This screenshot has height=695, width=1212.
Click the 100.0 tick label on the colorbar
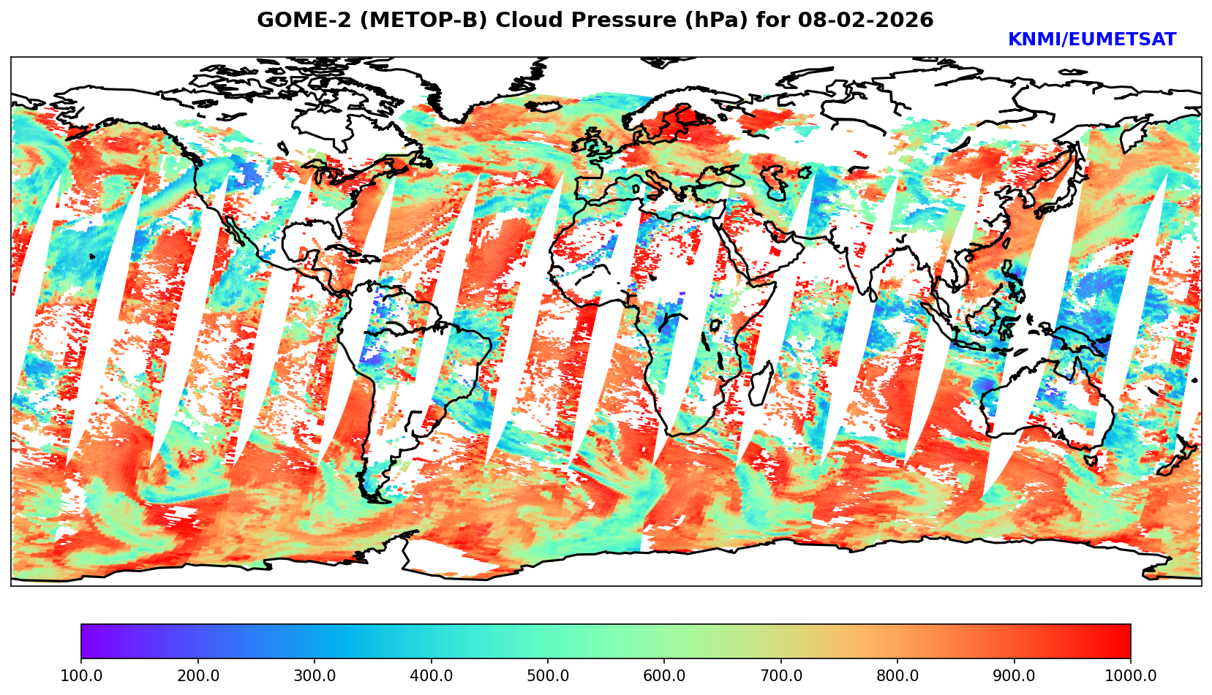pos(81,676)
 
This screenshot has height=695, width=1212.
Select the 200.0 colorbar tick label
pos(197,676)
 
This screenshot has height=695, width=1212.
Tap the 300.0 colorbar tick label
pos(315,676)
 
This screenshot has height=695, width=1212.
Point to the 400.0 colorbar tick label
pos(431,676)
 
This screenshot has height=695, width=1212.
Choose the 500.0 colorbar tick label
pos(548,676)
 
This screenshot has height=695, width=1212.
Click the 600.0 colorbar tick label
pos(664,676)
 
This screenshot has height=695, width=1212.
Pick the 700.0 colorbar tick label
pos(781,676)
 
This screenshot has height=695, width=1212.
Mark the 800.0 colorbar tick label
pos(897,676)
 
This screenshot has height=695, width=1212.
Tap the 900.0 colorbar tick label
pos(1015,676)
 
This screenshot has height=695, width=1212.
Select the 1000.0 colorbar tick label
pos(1131,676)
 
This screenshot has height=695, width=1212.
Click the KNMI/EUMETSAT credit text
pos(1091,40)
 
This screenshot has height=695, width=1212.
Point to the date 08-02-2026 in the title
pos(865,20)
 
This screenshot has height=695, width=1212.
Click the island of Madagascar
pos(761,384)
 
